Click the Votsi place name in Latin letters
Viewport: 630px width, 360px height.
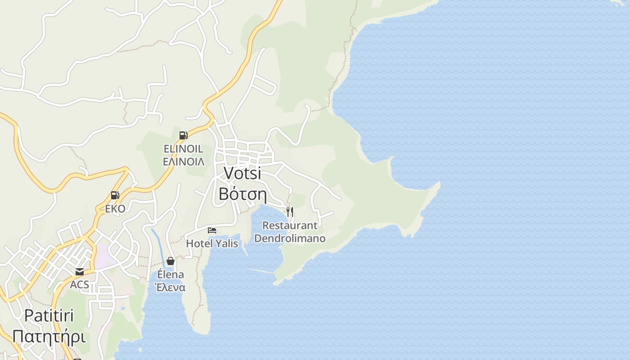[x=242, y=173]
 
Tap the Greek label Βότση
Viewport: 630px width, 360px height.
[x=243, y=194]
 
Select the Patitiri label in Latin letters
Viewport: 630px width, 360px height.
[x=49, y=315]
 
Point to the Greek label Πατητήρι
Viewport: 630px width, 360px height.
[x=49, y=336]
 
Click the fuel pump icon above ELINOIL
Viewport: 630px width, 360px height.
[x=183, y=135]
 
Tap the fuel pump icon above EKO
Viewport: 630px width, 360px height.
[x=115, y=195]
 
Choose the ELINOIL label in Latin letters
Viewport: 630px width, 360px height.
[x=183, y=148]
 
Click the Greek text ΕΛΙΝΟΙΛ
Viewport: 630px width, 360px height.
[x=183, y=162]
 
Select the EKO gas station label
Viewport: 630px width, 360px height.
[x=115, y=208]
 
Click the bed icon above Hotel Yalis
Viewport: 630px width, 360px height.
[x=212, y=230]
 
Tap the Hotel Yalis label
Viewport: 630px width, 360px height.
[x=212, y=243]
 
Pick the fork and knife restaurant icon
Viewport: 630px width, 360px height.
[x=290, y=211]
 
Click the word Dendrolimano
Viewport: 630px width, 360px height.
[x=290, y=238]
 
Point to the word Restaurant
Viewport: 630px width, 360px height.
[x=290, y=225]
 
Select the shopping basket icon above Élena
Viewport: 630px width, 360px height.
[x=171, y=261]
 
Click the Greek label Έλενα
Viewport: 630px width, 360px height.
[x=170, y=288]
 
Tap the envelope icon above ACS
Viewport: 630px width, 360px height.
[x=80, y=271]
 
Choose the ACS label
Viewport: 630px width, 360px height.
[x=80, y=285]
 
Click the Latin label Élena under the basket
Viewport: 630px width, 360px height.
[x=171, y=274]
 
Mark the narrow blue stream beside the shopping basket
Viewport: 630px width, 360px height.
[x=158, y=247]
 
